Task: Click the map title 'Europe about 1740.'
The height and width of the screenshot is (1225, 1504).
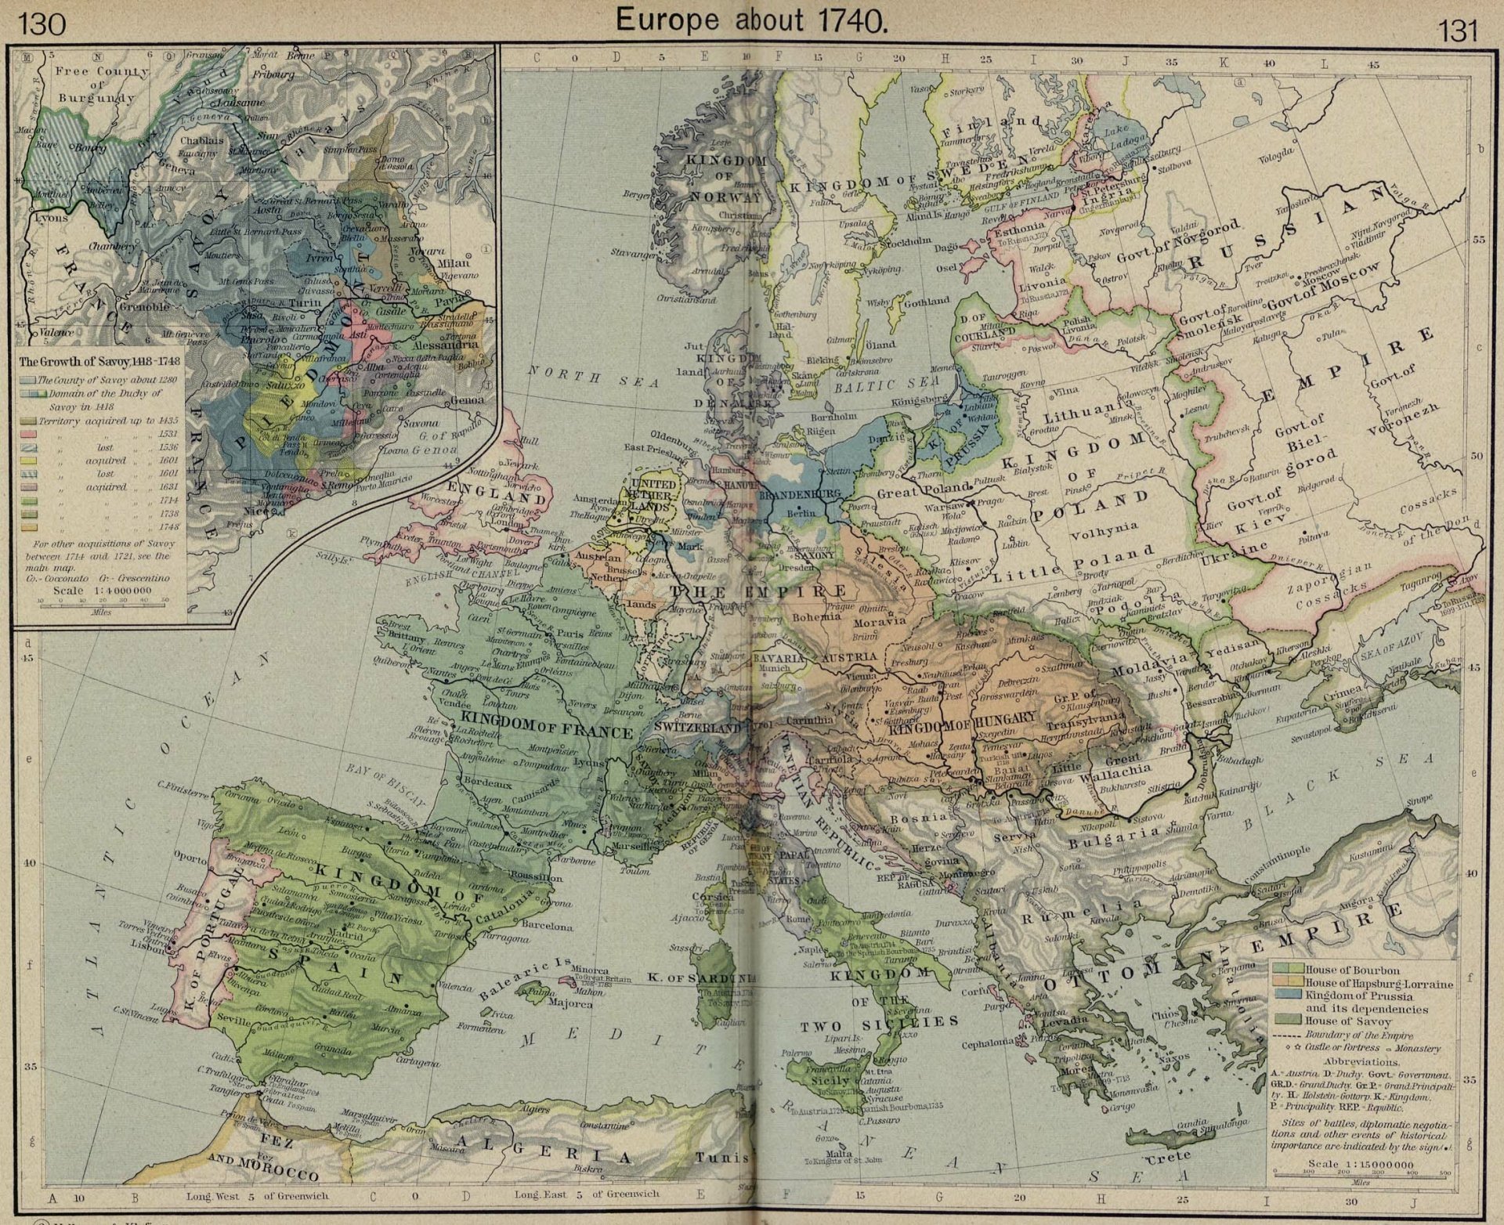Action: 750,20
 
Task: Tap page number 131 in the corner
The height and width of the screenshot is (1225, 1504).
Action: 1457,31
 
